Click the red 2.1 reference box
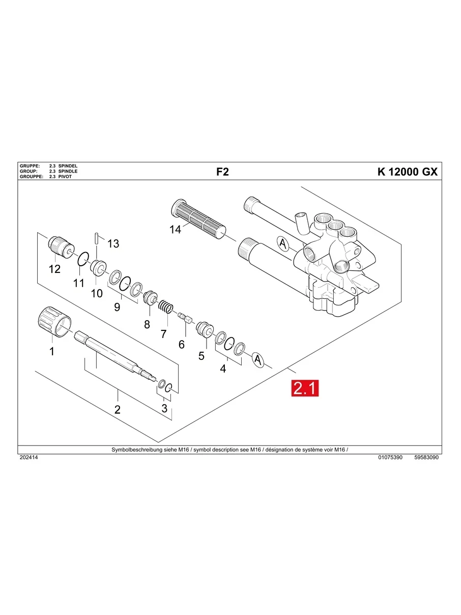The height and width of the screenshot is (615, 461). click(304, 388)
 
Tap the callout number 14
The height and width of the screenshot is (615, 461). click(175, 230)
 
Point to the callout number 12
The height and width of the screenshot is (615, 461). click(54, 269)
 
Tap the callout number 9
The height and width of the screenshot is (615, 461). click(117, 307)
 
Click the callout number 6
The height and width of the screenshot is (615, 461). click(181, 344)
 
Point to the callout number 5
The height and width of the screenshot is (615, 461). click(201, 356)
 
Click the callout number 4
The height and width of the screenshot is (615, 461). click(223, 369)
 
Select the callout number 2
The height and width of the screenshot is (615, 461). click(117, 409)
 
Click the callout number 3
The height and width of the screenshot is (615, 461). click(164, 408)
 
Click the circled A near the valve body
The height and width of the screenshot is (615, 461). click(282, 244)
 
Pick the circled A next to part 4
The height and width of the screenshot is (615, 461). click(258, 360)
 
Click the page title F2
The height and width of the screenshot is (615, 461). click(222, 172)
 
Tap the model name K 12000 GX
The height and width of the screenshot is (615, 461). click(407, 172)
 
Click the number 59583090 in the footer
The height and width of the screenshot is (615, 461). click(426, 458)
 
